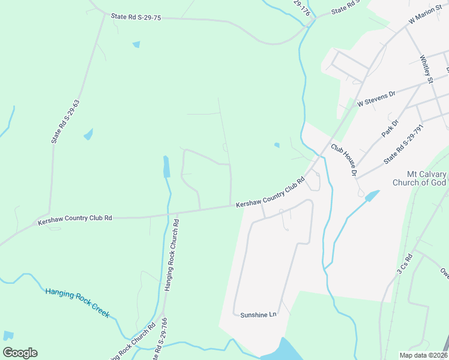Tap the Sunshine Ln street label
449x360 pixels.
pos(258,314)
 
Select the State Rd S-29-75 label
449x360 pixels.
pos(136,17)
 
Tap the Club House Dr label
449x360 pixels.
pos(343,160)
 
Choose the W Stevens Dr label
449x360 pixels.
pos(376,98)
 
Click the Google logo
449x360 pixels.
pos(20,353)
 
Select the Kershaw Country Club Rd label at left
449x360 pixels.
pos(75,218)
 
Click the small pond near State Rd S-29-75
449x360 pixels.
pos(136,44)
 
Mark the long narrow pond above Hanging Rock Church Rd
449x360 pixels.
pos(166,166)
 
